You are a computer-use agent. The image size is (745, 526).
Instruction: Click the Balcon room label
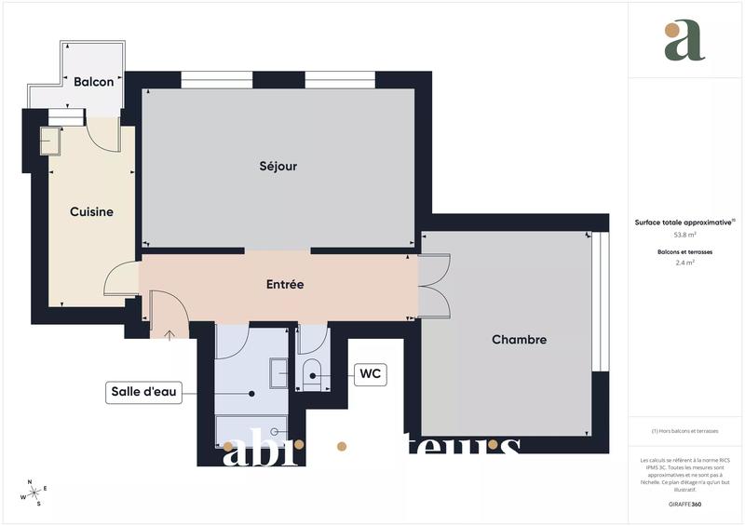click(x=93, y=82)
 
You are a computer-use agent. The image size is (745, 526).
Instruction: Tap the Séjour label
click(x=278, y=167)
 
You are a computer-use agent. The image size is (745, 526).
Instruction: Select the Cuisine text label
click(x=91, y=212)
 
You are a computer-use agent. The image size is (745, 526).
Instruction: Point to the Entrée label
click(x=285, y=284)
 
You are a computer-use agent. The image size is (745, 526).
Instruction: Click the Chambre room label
click(x=519, y=340)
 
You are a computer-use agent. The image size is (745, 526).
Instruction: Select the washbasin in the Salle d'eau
click(x=279, y=373)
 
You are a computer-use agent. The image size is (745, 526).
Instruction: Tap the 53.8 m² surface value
click(x=684, y=236)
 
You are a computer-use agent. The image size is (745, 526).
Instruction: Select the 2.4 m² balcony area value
click(x=684, y=263)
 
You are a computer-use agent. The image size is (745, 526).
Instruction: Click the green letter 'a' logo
click(x=684, y=41)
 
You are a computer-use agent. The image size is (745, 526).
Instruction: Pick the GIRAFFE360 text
click(x=684, y=504)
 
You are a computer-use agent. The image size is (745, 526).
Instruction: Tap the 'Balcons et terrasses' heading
click(x=684, y=251)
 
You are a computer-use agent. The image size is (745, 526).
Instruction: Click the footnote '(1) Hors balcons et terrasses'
click(x=684, y=431)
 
